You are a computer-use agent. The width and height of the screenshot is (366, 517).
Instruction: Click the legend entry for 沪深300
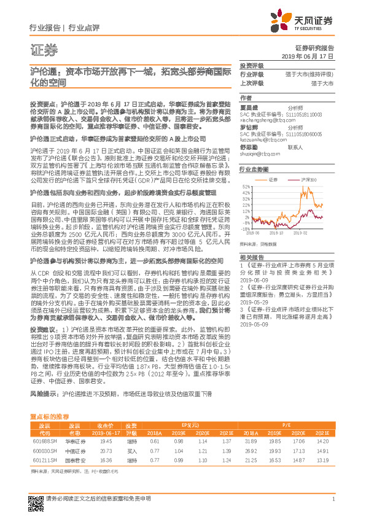[308, 180]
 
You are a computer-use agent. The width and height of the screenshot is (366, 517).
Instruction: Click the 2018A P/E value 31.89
[251, 440]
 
